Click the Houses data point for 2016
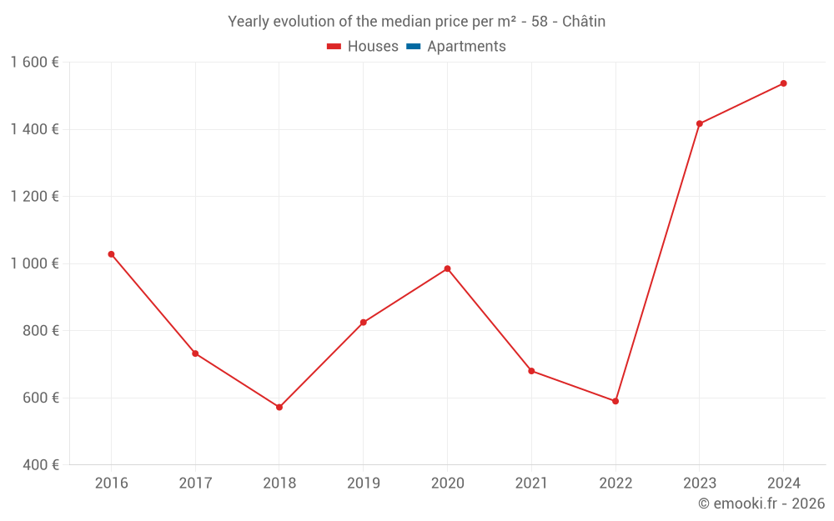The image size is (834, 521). pyautogui.click(x=111, y=254)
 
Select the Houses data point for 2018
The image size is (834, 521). pyautogui.click(x=279, y=407)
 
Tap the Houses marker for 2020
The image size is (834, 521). pyautogui.click(x=447, y=268)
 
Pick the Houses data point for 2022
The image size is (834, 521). pyautogui.click(x=615, y=401)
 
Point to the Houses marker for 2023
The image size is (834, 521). pyautogui.click(x=700, y=124)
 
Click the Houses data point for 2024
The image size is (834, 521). pyautogui.click(x=784, y=83)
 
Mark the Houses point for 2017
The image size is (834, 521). pyautogui.click(x=195, y=353)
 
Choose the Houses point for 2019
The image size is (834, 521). pyautogui.click(x=363, y=323)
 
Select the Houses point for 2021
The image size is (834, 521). pyautogui.click(x=531, y=371)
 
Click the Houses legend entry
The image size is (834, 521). pyautogui.click(x=363, y=47)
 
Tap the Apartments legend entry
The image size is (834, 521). pyautogui.click(x=456, y=47)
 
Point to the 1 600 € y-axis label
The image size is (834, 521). pyautogui.click(x=34, y=63)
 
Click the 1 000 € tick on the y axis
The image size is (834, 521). pyautogui.click(x=34, y=263)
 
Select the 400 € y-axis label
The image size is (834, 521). pyautogui.click(x=40, y=464)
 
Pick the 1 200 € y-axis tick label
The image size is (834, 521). pyautogui.click(x=34, y=197)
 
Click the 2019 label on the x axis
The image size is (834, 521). pyautogui.click(x=363, y=483)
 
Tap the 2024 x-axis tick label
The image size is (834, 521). pyautogui.click(x=784, y=483)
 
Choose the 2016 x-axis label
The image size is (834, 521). pyautogui.click(x=111, y=483)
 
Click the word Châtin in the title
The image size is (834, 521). pyautogui.click(x=584, y=22)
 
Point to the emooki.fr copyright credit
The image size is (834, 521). pyautogui.click(x=761, y=503)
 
